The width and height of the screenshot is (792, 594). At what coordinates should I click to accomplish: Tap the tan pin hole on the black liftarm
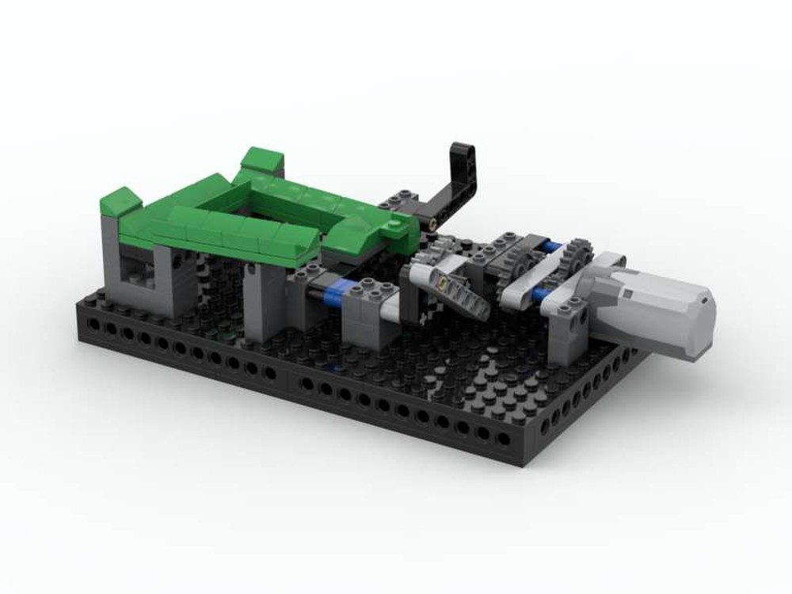pos(434,226)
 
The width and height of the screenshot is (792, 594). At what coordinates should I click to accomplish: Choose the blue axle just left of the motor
pos(540,295)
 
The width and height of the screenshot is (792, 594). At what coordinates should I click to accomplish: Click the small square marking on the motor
pos(626,295)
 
